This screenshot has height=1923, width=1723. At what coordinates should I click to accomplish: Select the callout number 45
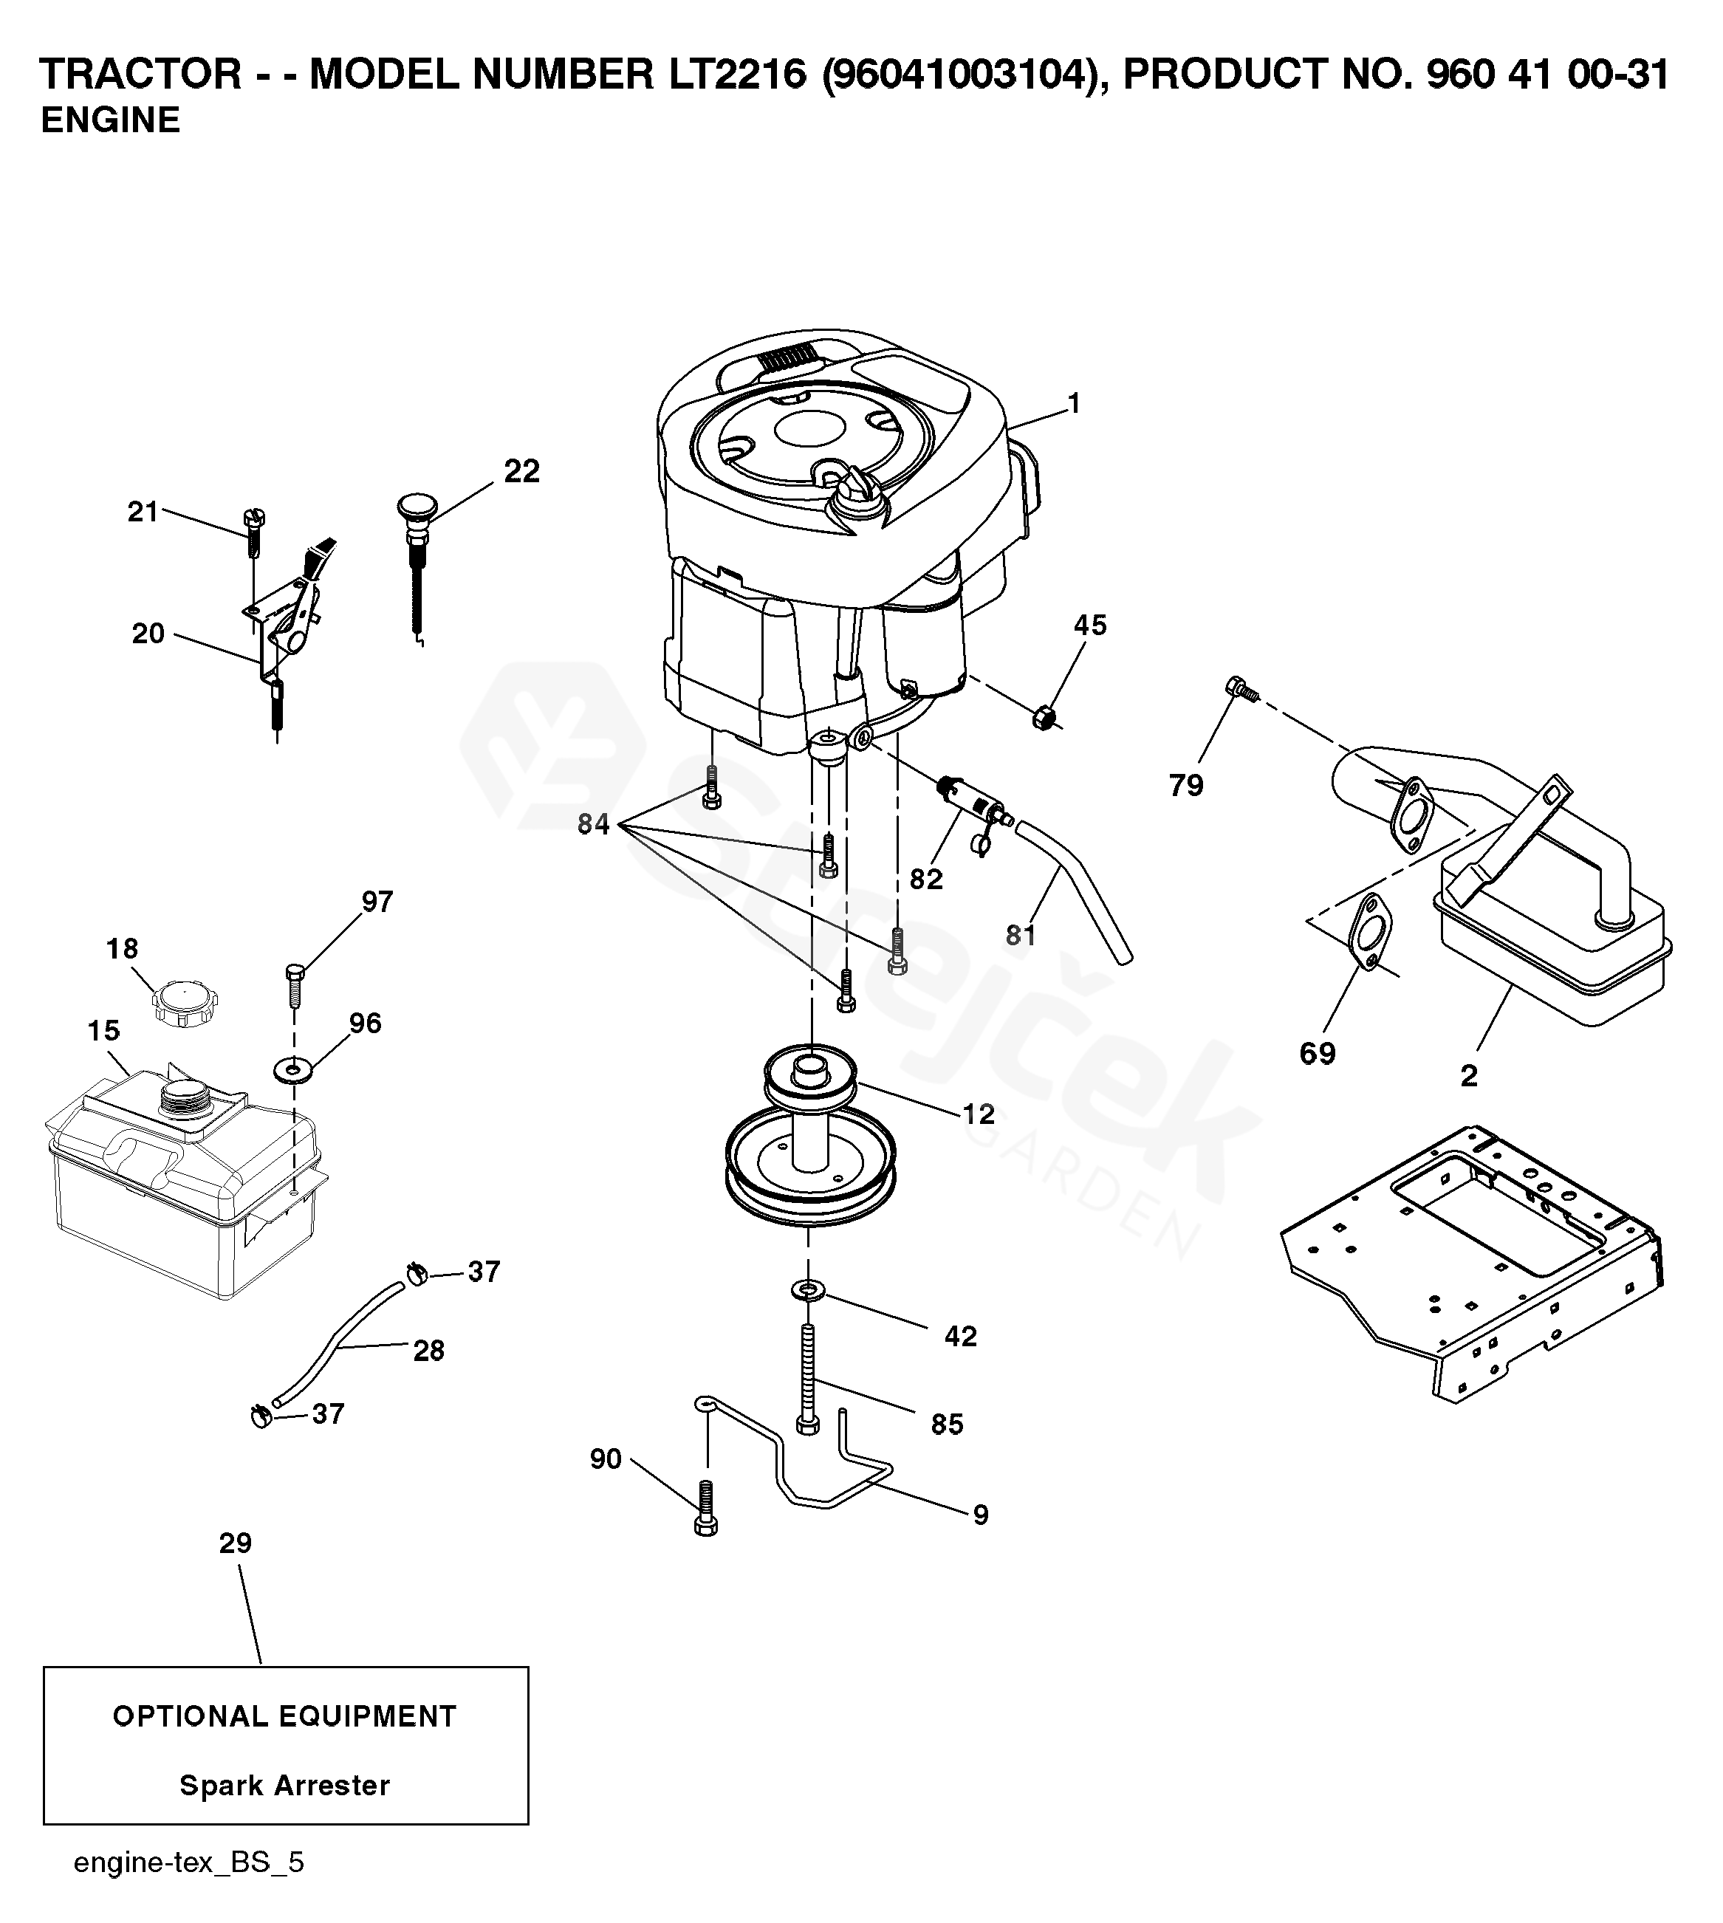point(1089,625)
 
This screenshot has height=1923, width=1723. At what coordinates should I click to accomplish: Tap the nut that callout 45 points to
point(1044,718)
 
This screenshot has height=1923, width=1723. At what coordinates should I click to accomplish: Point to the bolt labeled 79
point(1239,688)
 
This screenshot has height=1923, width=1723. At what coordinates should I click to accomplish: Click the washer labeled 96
point(293,1071)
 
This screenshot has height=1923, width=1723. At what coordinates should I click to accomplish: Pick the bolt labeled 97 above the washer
point(293,987)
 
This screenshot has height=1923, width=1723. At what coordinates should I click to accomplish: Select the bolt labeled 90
point(705,1508)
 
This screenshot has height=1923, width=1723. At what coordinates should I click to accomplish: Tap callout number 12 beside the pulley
point(978,1114)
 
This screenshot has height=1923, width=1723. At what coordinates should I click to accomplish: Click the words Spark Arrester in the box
point(285,1786)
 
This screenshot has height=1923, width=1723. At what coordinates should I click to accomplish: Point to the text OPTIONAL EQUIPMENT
point(285,1716)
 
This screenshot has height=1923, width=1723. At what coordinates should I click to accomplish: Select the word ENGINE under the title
point(111,120)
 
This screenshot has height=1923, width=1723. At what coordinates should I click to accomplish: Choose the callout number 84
point(594,825)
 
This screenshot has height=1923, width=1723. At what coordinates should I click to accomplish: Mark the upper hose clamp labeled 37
point(417,1275)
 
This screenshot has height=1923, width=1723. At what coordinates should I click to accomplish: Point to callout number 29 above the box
point(236,1543)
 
